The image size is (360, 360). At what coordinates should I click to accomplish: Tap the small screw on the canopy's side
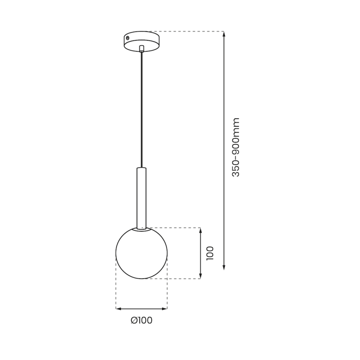(128, 38)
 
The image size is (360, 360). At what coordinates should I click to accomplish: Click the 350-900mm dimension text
(236, 147)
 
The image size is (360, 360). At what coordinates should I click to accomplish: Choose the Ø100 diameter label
(141, 320)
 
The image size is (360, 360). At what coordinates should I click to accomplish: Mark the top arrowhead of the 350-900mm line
(224, 34)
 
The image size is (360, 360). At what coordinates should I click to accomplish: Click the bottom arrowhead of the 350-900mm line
(224, 267)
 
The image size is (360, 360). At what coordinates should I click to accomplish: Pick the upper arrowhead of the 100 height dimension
(201, 230)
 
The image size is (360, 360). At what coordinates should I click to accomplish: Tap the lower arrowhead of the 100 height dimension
(201, 276)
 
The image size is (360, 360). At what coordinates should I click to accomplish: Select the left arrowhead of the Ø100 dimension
(118, 309)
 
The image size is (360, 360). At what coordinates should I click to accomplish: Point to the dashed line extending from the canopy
(189, 31)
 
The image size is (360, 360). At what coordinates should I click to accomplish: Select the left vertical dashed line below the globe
(116, 288)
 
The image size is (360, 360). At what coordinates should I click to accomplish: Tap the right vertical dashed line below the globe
(167, 288)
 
